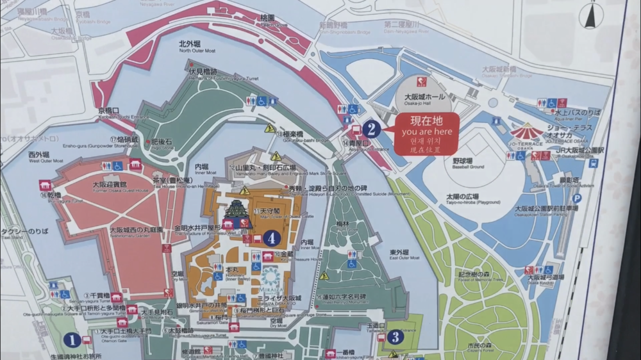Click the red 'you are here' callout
click(426, 133)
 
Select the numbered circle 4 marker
click(272, 238)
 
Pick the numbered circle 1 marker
click(72, 340)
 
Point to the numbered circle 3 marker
click(395, 336)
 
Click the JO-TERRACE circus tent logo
click(526, 133)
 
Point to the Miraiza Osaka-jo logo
click(272, 280)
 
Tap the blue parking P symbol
click(576, 199)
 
